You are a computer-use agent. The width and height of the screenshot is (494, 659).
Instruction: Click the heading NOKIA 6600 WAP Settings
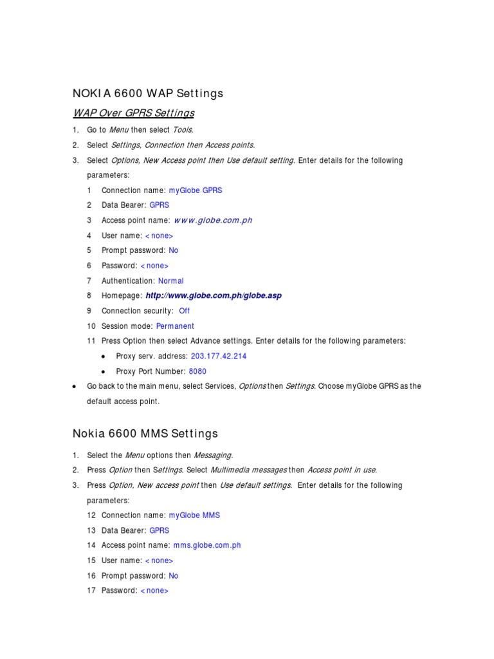pyautogui.click(x=149, y=93)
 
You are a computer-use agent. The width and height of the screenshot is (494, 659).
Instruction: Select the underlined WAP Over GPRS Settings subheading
pyautogui.click(x=133, y=113)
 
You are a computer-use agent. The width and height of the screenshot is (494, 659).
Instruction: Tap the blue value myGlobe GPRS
pyautogui.click(x=196, y=190)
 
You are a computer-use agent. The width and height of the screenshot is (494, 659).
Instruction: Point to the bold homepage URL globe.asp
pyautogui.click(x=214, y=295)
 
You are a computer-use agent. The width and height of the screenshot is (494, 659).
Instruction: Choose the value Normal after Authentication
pyautogui.click(x=170, y=281)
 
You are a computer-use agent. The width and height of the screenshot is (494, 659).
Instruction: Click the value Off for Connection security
pyautogui.click(x=184, y=311)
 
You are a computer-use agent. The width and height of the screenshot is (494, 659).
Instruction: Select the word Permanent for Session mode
pyautogui.click(x=175, y=326)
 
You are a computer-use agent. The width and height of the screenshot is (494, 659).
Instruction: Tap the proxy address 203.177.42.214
pyautogui.click(x=219, y=356)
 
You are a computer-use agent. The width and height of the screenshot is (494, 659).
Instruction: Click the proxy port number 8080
pyautogui.click(x=197, y=371)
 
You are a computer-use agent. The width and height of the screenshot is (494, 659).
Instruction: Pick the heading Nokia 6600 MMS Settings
pyautogui.click(x=146, y=434)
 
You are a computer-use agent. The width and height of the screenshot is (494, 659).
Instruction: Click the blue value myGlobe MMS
pyautogui.click(x=194, y=515)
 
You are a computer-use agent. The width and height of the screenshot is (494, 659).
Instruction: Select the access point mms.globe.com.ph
pyautogui.click(x=207, y=545)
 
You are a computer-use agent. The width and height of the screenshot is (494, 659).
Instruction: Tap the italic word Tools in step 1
pyautogui.click(x=183, y=130)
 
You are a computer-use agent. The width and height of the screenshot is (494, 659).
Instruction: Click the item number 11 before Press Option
pyautogui.click(x=91, y=341)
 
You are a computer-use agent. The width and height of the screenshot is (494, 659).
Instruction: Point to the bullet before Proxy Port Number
pyautogui.click(x=104, y=372)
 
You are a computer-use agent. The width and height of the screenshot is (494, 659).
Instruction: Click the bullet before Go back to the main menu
pyautogui.click(x=75, y=387)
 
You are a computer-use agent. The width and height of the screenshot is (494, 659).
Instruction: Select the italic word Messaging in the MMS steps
pyautogui.click(x=214, y=455)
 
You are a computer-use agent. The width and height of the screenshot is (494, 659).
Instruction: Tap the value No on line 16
pyautogui.click(x=173, y=576)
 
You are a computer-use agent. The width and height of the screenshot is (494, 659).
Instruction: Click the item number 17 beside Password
pyautogui.click(x=91, y=591)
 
